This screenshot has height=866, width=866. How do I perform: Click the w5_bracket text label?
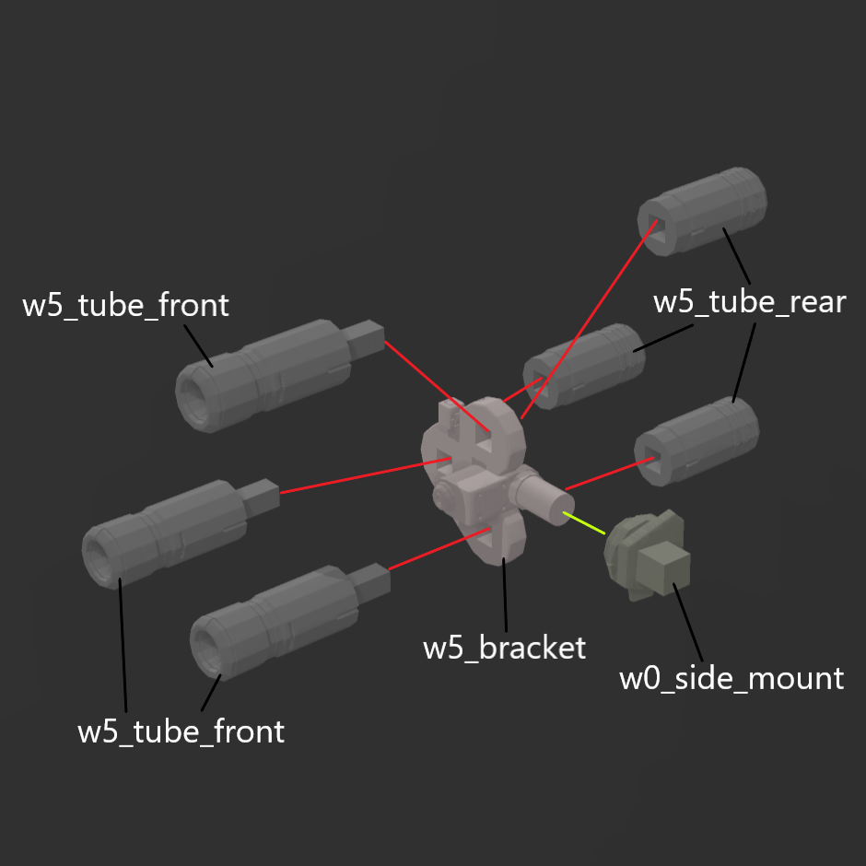(504, 648)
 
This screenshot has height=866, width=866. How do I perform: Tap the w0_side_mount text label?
(731, 678)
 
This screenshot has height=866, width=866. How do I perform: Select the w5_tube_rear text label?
(749, 301)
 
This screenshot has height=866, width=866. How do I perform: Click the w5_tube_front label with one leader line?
(125, 305)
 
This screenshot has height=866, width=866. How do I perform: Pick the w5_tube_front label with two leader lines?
(181, 732)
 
